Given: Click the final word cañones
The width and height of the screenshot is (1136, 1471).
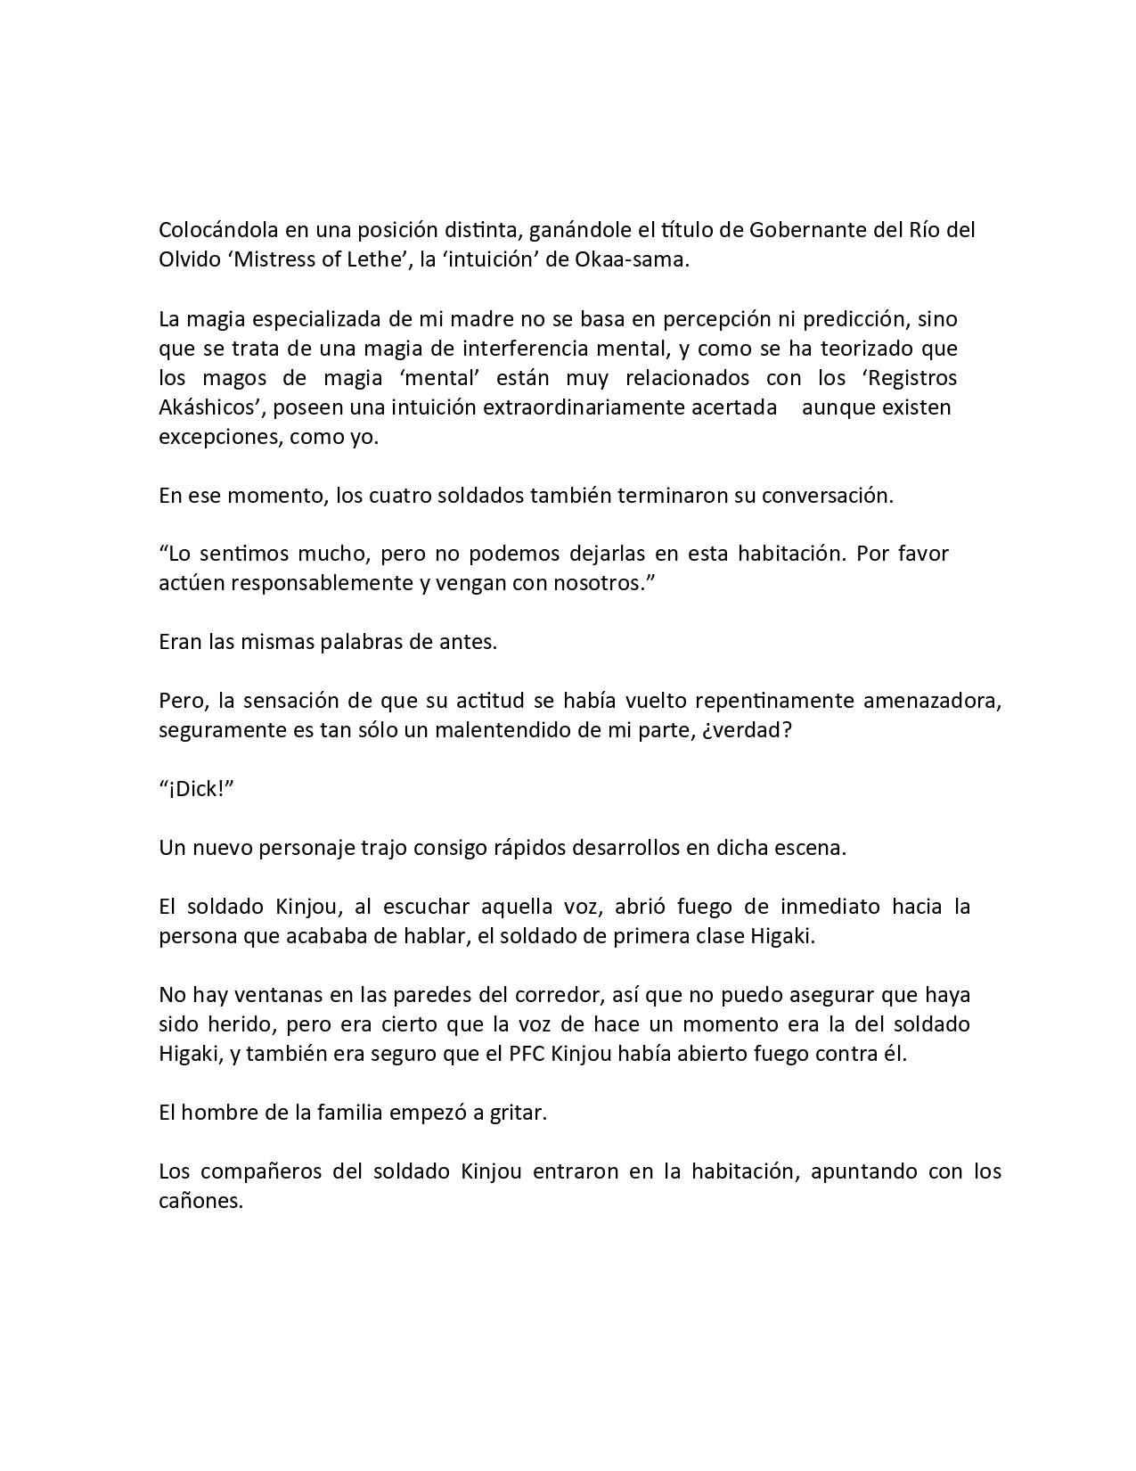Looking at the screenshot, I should point(200,1200).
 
